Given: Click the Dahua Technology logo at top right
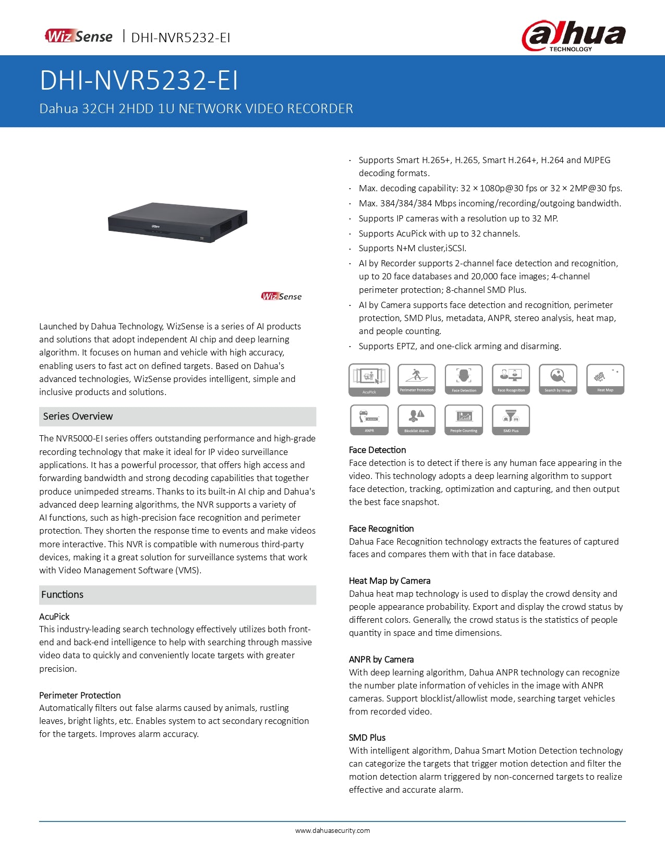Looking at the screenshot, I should point(573,35).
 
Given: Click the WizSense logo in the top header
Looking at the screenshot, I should point(79,36).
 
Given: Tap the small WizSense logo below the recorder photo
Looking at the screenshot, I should point(282,296).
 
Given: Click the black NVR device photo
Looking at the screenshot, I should point(178,223).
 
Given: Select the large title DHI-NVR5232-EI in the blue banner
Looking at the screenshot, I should point(139,81).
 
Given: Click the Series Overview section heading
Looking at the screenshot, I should point(78,416).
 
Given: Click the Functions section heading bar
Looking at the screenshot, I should point(177,595).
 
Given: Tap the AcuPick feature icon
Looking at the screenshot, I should point(369,379).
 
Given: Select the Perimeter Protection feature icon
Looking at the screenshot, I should point(416,379).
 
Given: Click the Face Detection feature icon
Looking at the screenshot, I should point(464,379).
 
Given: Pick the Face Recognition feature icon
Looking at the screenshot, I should point(511,379).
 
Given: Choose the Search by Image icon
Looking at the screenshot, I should point(558,379).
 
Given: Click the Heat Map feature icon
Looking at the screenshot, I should point(605,379).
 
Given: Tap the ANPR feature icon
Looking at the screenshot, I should point(369,420).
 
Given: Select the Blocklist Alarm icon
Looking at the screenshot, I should point(416,420).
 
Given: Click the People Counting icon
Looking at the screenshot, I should point(464,420).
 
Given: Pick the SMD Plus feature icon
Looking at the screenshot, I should point(511,420).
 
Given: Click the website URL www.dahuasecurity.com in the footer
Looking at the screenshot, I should point(332,831).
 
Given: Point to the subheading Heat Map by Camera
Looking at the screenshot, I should point(390,581).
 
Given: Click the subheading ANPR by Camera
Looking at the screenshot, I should point(381,659).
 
